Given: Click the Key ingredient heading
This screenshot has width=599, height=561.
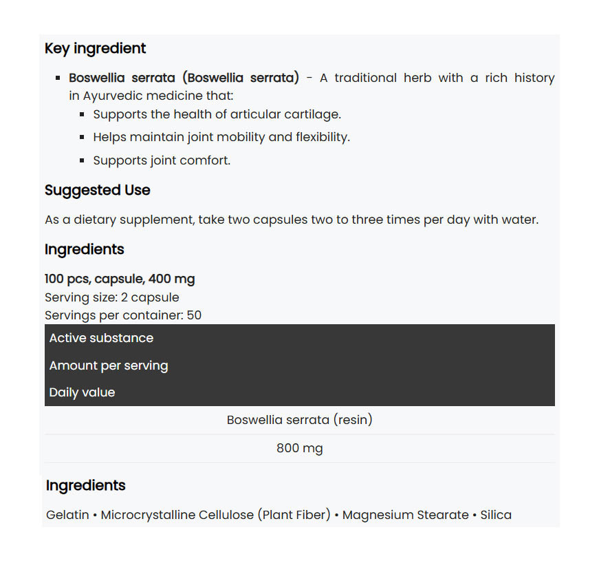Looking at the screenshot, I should (95, 48).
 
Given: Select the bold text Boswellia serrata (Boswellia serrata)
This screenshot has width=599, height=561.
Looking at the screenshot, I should (184, 78).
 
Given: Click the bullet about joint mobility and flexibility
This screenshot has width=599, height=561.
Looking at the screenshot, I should (221, 137).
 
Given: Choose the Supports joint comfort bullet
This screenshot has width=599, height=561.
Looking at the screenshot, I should (162, 160).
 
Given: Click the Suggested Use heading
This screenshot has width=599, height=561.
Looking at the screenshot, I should (97, 190).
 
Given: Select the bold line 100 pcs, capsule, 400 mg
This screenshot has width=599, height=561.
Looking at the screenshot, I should (120, 279).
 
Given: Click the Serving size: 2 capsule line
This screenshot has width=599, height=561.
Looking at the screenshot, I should (111, 297).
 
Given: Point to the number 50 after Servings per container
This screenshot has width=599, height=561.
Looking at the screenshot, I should (194, 315).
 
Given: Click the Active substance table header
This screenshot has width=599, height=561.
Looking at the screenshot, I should (101, 338).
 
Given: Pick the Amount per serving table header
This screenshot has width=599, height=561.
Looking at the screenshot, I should (108, 366).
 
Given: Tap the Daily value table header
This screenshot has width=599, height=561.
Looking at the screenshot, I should (82, 392).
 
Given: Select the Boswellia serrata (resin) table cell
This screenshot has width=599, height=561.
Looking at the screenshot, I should (299, 419).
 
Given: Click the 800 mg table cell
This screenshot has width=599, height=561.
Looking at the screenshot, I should (299, 448).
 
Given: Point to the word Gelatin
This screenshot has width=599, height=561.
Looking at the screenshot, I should (67, 515).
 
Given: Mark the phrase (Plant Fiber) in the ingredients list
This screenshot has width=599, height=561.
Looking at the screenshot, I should (294, 515).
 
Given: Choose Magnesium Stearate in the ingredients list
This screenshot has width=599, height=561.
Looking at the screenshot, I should (405, 515).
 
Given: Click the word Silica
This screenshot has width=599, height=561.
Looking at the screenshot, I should (496, 515).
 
